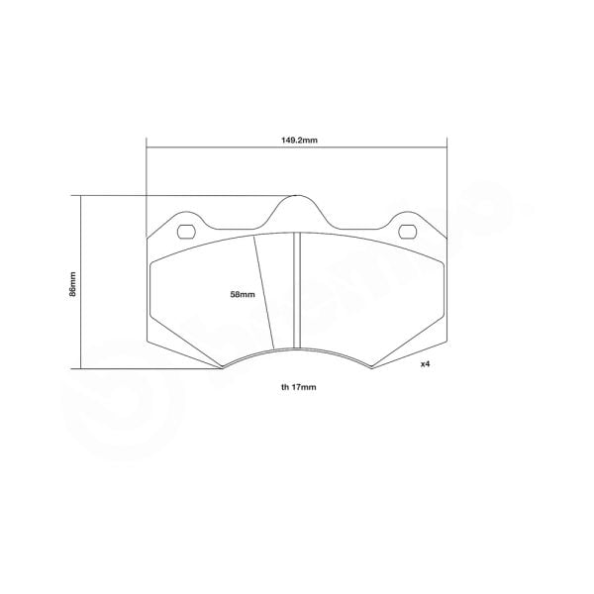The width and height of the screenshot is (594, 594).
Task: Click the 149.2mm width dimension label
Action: point(298,141)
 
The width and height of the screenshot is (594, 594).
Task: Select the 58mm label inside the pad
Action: point(242,295)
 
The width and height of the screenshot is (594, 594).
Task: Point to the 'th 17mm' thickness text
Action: point(297,387)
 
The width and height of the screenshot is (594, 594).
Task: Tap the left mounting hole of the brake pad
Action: point(185,234)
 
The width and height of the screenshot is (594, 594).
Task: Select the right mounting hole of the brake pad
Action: point(408,234)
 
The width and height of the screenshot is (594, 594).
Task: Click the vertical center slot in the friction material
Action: point(296,292)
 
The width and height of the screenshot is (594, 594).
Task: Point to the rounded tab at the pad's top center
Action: point(297,203)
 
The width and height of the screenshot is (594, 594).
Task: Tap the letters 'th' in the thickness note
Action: point(284,387)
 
